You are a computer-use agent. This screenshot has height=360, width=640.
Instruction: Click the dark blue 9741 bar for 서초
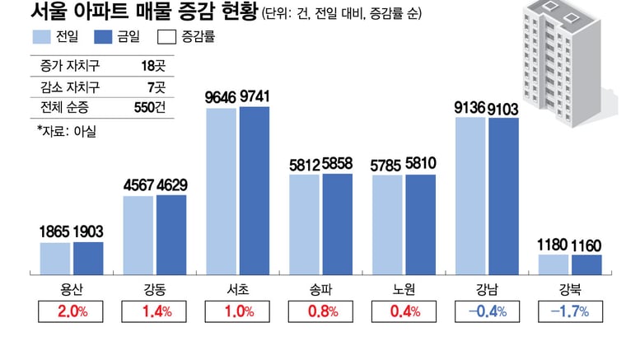pyautogui.click(x=255, y=190)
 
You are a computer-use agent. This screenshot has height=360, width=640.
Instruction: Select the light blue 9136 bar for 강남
pyautogui.click(x=470, y=195)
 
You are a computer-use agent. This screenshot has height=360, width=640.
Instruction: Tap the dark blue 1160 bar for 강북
pyautogui.click(x=586, y=264)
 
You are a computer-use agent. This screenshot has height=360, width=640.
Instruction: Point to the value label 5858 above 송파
pyautogui.click(x=338, y=165)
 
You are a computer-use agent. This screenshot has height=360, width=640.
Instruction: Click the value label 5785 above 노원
pyautogui.click(x=387, y=166)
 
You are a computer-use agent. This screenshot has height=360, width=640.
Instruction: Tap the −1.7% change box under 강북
pyautogui.click(x=569, y=312)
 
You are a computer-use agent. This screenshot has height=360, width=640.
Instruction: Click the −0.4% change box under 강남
pyautogui.click(x=487, y=312)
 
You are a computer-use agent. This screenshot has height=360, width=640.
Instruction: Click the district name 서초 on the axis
pyautogui.click(x=237, y=288)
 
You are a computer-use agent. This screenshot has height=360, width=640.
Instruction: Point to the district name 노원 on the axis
pyautogui.click(x=404, y=288)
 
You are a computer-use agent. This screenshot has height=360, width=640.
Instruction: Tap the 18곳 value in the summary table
pyautogui.click(x=153, y=64)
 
